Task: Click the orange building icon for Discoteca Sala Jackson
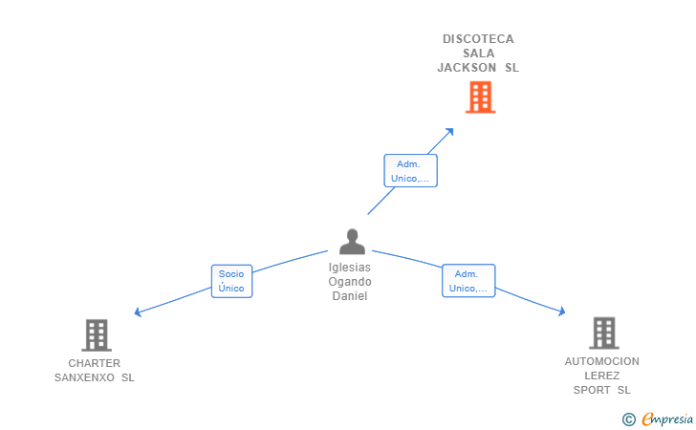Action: [x=480, y=97]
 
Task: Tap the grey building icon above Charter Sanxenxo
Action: [x=96, y=335]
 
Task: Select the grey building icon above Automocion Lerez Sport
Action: [x=603, y=333]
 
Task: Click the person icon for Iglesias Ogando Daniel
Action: [x=352, y=242]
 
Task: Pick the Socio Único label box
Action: [x=231, y=281]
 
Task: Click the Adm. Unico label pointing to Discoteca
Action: [x=411, y=171]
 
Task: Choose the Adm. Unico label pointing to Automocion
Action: [x=468, y=281]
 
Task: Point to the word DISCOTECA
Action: [x=478, y=39]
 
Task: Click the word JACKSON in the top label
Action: [x=467, y=68]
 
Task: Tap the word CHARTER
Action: [x=95, y=363]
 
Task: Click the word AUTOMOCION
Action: [x=602, y=361]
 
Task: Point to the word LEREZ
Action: [x=602, y=376]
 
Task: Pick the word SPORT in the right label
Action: [x=592, y=390]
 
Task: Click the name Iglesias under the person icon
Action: [x=350, y=268]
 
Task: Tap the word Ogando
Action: [x=350, y=282]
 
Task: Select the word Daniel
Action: [x=350, y=296]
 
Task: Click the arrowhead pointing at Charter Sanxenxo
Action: [x=139, y=312]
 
